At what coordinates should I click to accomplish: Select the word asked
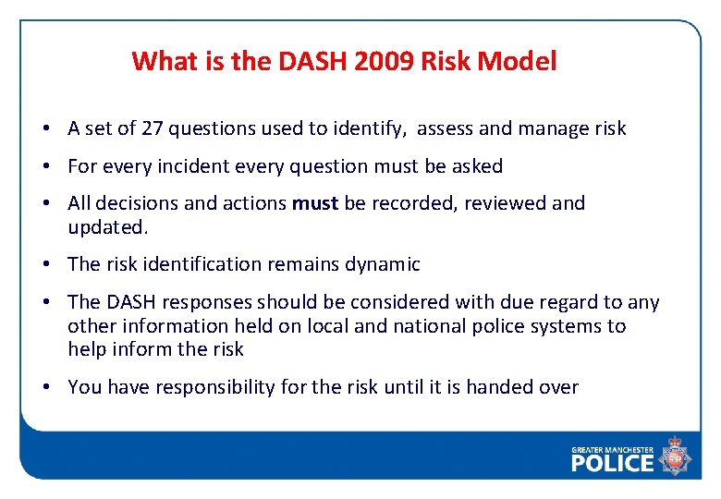pos(476,166)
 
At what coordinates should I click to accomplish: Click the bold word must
pos(315,203)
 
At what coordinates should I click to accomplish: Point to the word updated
pos(104,226)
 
